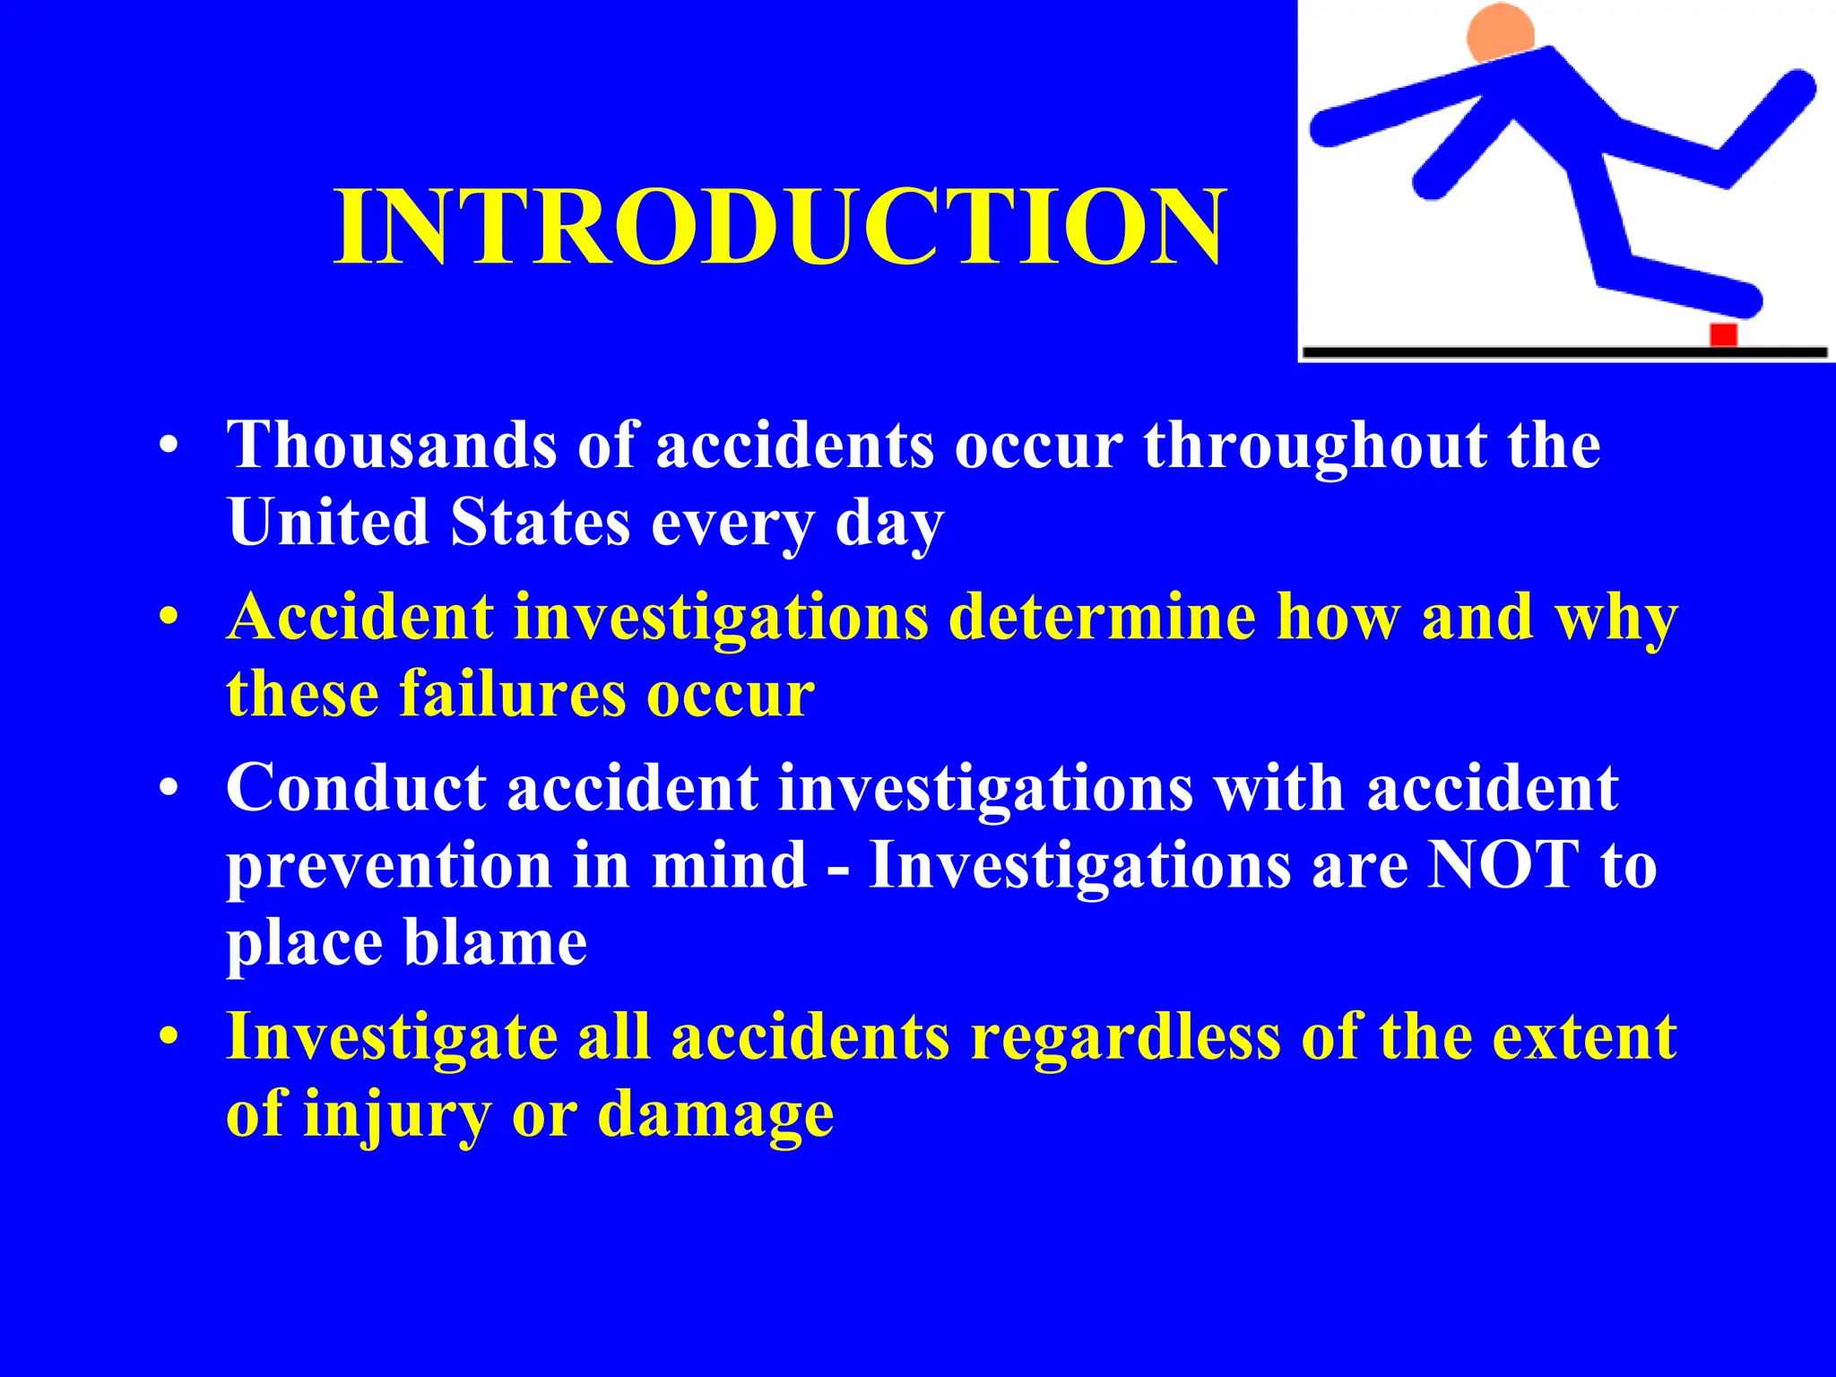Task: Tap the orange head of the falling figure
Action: pos(1500,33)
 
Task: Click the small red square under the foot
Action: pos(1723,334)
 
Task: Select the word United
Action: pos(328,522)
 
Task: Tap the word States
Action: pos(540,522)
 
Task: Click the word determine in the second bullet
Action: pos(1102,617)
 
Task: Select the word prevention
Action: pos(388,866)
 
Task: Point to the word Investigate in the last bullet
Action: pos(392,1037)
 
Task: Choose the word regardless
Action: pos(1124,1037)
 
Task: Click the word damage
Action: pos(714,1114)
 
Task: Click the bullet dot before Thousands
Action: pos(169,446)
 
